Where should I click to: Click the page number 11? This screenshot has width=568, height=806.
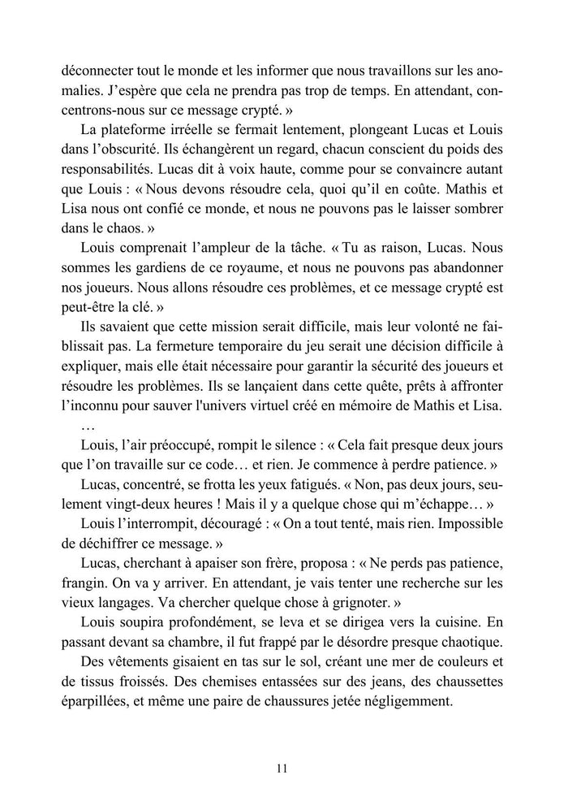[282, 766]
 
